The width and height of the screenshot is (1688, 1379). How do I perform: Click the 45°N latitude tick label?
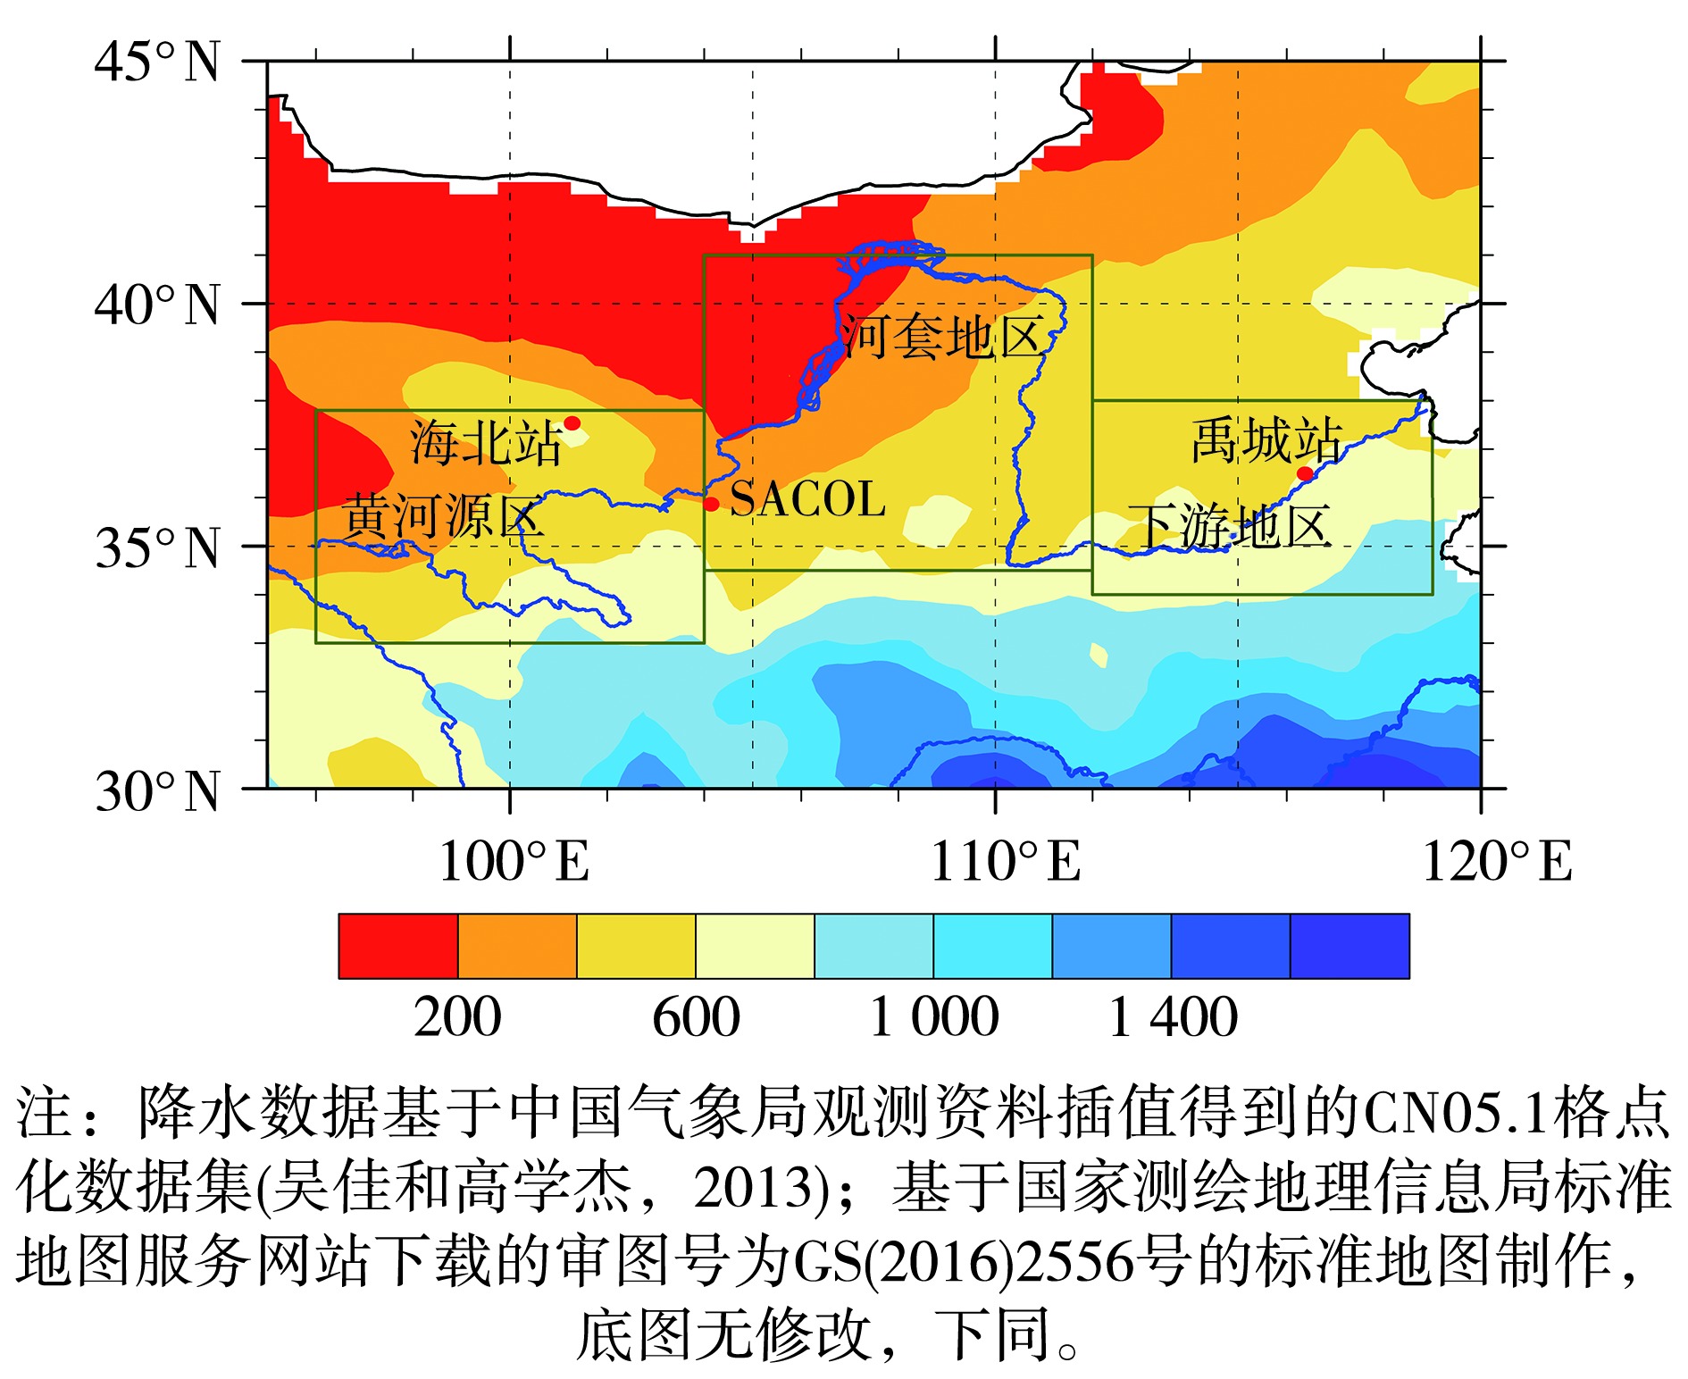pyautogui.click(x=157, y=63)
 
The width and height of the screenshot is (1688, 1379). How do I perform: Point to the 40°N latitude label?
pyautogui.click(x=157, y=305)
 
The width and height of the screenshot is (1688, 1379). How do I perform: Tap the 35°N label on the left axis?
pyautogui.click(x=157, y=548)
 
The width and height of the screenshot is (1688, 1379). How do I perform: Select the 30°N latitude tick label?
pyautogui.click(x=157, y=791)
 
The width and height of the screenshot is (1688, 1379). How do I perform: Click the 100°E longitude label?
pyautogui.click(x=514, y=863)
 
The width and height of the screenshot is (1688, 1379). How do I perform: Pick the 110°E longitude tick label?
pyautogui.click(x=1005, y=863)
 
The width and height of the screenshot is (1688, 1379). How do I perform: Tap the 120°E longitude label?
pyautogui.click(x=1496, y=863)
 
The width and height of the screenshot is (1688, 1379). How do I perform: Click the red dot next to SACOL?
pyautogui.click(x=711, y=504)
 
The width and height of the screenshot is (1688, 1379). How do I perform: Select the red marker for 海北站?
pyautogui.click(x=572, y=422)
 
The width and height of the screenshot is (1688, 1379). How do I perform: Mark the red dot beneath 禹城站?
pyautogui.click(x=1305, y=473)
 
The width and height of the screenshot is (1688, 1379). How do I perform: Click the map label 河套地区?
pyautogui.click(x=944, y=338)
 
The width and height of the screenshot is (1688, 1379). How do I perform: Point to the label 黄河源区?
pyautogui.click(x=443, y=515)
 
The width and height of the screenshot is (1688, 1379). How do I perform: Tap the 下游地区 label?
pyautogui.click(x=1230, y=526)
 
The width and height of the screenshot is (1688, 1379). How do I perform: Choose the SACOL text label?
pyautogui.click(x=807, y=499)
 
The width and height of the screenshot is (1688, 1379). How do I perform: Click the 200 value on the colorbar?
pyautogui.click(x=457, y=1017)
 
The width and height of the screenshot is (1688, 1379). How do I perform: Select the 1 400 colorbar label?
pyautogui.click(x=1173, y=1017)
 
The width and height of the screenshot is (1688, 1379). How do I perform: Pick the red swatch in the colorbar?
pyautogui.click(x=398, y=946)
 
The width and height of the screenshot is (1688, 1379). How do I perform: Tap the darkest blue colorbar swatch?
pyautogui.click(x=1350, y=946)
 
